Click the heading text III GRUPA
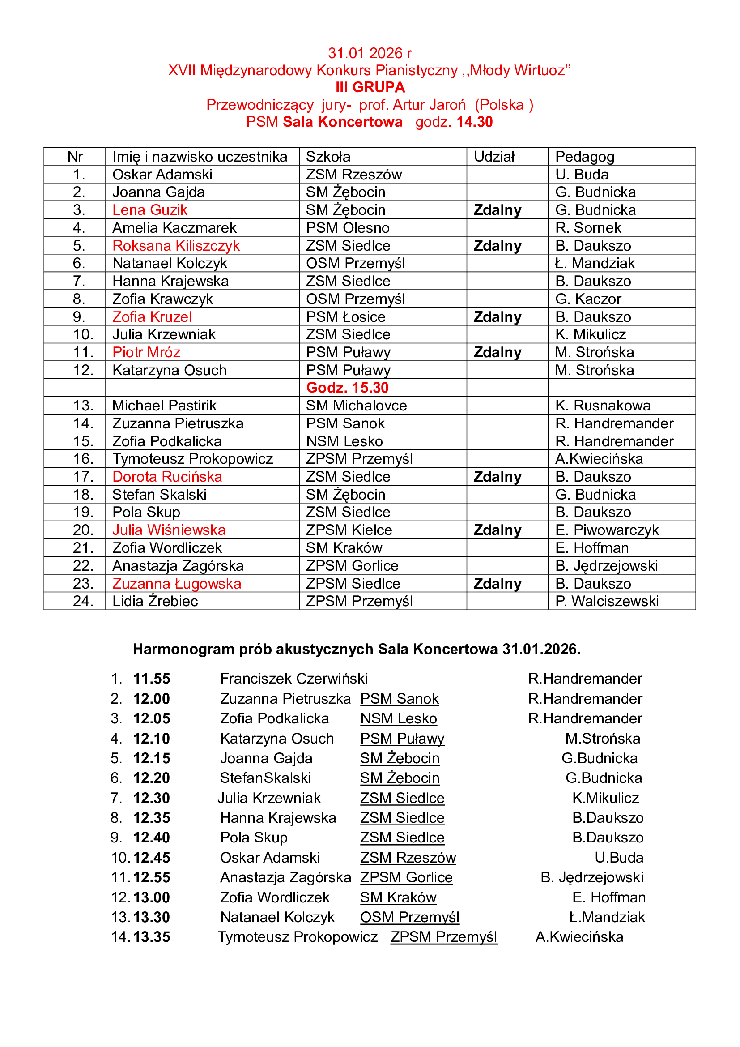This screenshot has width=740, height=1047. pyautogui.click(x=370, y=87)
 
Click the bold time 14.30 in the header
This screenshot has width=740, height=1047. pyautogui.click(x=474, y=122)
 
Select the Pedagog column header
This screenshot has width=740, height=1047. pyautogui.click(x=585, y=157)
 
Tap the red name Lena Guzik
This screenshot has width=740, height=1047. pyautogui.click(x=150, y=210)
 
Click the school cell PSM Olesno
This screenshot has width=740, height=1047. pyautogui.click(x=348, y=227)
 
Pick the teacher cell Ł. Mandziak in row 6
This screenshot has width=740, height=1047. pyautogui.click(x=595, y=263)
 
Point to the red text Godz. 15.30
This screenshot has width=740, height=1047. pyautogui.click(x=347, y=388)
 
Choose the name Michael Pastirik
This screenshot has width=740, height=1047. pyautogui.click(x=164, y=406)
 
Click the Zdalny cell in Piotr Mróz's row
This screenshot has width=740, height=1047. pyautogui.click(x=498, y=352)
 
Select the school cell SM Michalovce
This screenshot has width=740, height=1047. pyautogui.click(x=356, y=406)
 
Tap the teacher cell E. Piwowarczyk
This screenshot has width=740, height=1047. pyautogui.click(x=607, y=530)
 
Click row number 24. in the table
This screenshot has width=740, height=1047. pyautogui.click(x=83, y=601)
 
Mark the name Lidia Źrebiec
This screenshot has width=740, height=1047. pyautogui.click(x=155, y=601)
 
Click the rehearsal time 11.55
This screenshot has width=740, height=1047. pyautogui.click(x=151, y=679)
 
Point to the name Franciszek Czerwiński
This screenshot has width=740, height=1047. pyautogui.click(x=293, y=679)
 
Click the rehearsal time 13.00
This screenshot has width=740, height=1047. pyautogui.click(x=151, y=897)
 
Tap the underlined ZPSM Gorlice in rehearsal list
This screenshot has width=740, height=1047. pyautogui.click(x=406, y=877)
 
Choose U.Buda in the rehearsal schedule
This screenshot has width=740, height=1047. pyautogui.click(x=619, y=858)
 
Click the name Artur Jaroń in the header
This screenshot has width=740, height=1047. pyautogui.click(x=429, y=105)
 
